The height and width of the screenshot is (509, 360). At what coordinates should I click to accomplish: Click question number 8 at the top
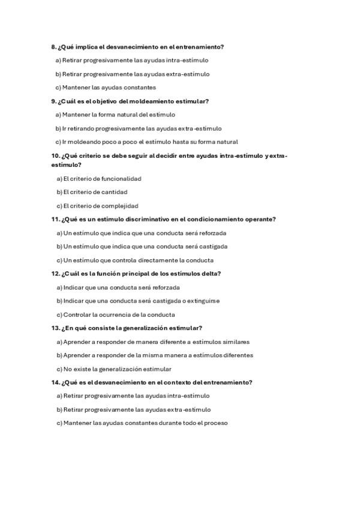click(x=54, y=47)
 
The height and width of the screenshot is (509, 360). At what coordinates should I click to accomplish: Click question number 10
click(x=55, y=156)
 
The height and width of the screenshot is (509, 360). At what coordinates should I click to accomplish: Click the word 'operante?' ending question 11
click(x=261, y=220)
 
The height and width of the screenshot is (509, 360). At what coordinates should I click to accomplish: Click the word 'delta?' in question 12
click(x=212, y=274)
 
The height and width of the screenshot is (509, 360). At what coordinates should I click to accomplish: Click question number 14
click(x=55, y=382)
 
